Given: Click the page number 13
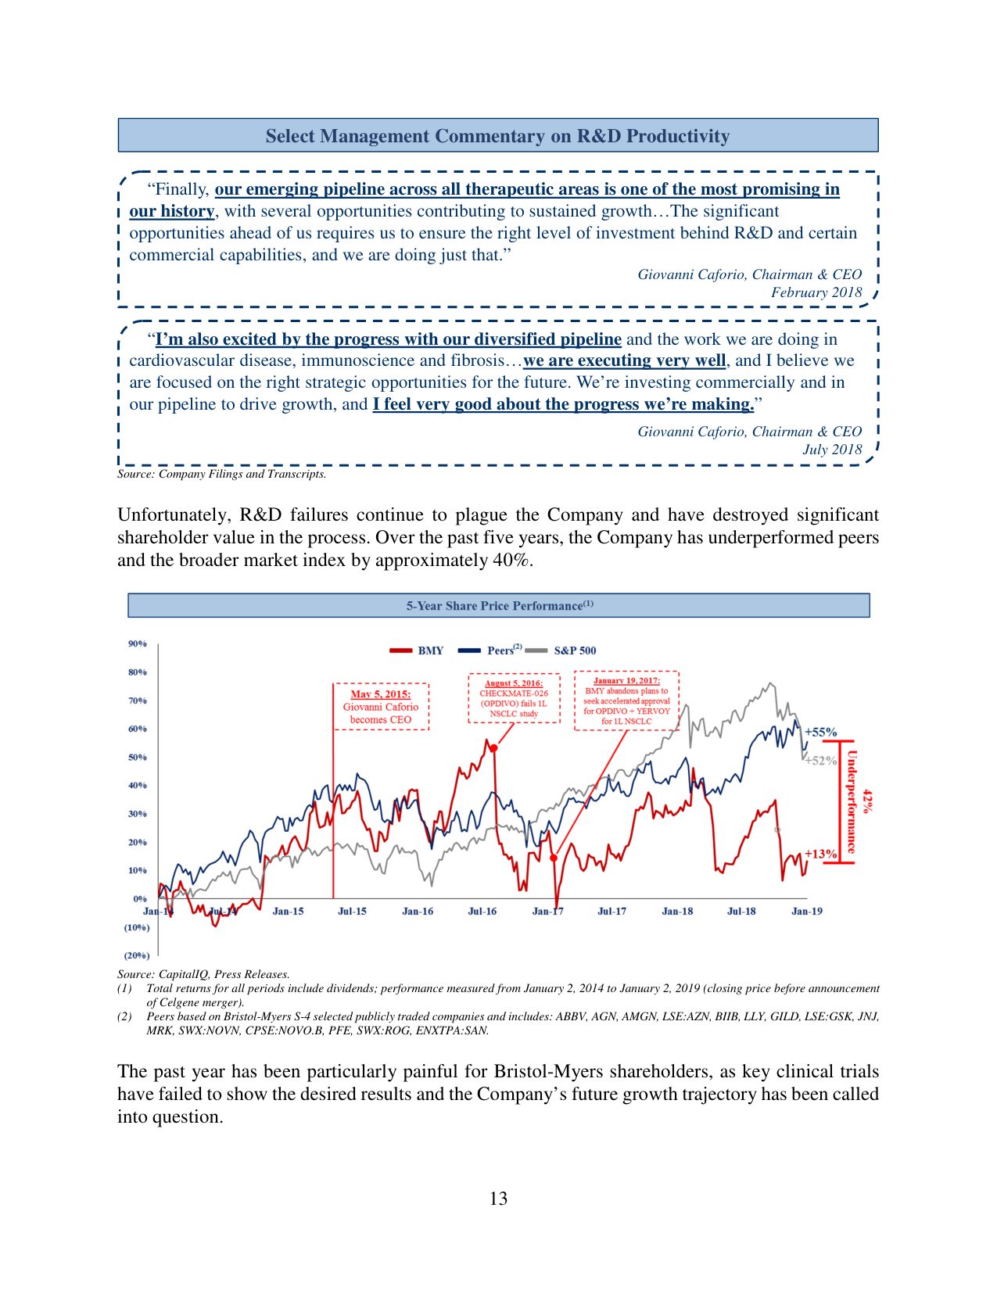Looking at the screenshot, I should pyautogui.click(x=498, y=1199).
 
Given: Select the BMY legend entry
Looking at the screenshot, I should pyautogui.click(x=430, y=650).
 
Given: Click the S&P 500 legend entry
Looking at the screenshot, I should pyautogui.click(x=574, y=650).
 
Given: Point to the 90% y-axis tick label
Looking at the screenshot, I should pyautogui.click(x=137, y=643).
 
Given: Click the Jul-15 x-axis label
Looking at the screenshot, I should pyautogui.click(x=352, y=911).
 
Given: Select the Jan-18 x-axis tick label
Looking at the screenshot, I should pyautogui.click(x=677, y=911).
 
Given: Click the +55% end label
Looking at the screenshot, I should pyautogui.click(x=821, y=733).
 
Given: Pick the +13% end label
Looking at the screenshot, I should pyautogui.click(x=821, y=854).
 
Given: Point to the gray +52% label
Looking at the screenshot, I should pyautogui.click(x=821, y=760).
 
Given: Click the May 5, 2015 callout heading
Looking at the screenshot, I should pyautogui.click(x=380, y=694).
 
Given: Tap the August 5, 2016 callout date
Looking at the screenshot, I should pyautogui.click(x=514, y=683).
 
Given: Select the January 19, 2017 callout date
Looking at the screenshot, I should pyautogui.click(x=626, y=681).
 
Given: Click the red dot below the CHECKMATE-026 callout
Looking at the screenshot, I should pyautogui.click(x=494, y=748).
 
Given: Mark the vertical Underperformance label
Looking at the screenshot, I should pyautogui.click(x=852, y=801).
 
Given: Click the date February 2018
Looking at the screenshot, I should pyautogui.click(x=816, y=292).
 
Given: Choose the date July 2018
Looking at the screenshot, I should pyautogui.click(x=832, y=450).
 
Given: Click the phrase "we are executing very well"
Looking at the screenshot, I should pyautogui.click(x=624, y=360).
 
